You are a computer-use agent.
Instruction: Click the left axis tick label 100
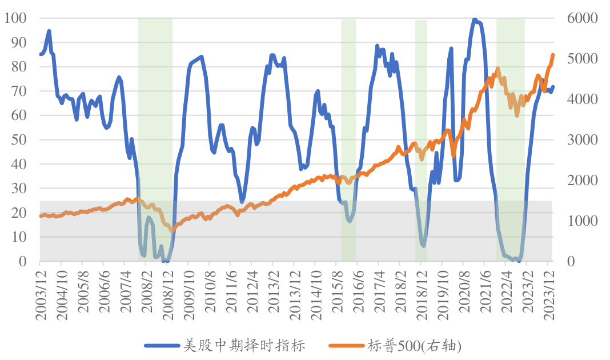16,18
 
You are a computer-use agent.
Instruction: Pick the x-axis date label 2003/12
40,291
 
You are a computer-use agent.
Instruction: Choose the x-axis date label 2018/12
421,291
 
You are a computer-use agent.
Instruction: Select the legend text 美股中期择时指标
245,345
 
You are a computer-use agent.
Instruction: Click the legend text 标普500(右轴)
414,345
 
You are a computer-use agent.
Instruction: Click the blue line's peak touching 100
475,19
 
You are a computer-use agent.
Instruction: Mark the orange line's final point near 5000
553,55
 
